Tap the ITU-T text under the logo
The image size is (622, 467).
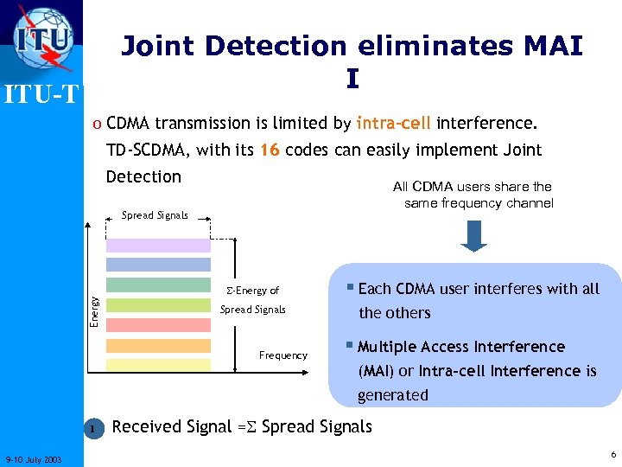(x=41, y=92)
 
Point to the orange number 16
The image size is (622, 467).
(x=270, y=150)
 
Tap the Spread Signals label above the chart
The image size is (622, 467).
(x=155, y=215)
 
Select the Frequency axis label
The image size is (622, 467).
(x=282, y=355)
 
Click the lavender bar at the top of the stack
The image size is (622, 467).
(x=158, y=245)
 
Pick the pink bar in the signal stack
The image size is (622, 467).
(x=158, y=325)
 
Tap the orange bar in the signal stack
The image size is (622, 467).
(x=158, y=345)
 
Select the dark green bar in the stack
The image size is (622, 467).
(x=158, y=285)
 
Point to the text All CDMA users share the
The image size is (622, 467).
(x=472, y=187)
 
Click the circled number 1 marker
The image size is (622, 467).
(x=92, y=427)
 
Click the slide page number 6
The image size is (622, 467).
(x=612, y=455)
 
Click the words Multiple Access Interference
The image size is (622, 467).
(x=460, y=347)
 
